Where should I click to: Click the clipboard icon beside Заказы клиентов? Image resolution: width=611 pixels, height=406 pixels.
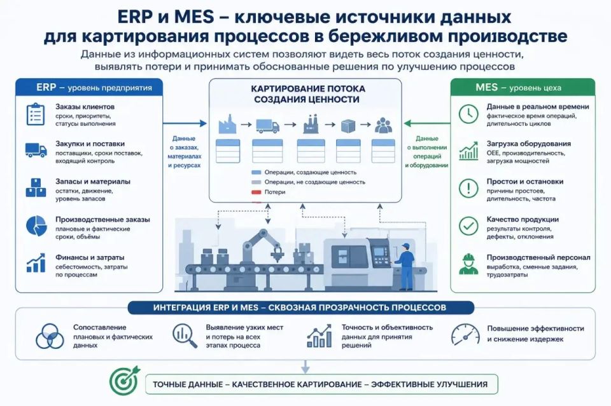36,114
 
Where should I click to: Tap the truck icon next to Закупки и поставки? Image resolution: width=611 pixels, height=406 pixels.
36,150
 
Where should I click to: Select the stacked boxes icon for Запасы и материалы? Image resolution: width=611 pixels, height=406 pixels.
36,187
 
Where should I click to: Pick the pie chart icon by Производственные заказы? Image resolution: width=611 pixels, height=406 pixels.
36,226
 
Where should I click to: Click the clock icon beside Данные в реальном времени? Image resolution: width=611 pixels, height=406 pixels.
468,114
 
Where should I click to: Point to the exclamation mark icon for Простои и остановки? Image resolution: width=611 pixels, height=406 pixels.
468,188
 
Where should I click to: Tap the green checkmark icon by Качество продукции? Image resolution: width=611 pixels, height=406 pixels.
468,226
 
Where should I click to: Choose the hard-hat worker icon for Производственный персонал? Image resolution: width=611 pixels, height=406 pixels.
468,264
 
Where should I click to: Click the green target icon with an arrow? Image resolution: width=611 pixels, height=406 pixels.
124,380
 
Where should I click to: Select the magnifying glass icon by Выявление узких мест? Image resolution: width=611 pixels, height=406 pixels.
185,335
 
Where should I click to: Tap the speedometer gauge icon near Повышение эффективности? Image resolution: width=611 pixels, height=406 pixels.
465,334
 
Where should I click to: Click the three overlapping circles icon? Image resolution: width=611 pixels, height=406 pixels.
50,336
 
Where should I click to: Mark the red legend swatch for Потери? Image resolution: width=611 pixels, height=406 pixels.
256,192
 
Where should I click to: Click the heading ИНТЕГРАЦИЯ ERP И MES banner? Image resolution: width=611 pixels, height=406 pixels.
300,308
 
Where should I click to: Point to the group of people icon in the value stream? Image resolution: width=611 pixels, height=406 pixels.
383,125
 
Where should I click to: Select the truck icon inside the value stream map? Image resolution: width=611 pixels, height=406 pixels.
267,126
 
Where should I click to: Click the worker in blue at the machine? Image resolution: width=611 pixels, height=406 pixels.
405,266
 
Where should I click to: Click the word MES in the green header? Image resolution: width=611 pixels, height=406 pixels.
486,87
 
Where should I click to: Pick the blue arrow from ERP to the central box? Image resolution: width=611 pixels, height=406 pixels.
185,123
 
